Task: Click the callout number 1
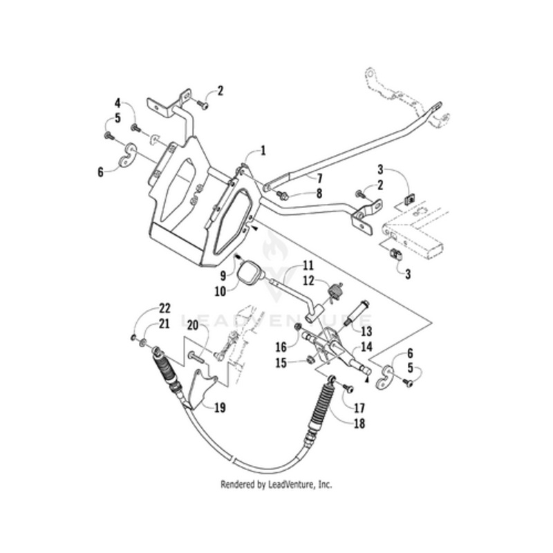pos(263,149)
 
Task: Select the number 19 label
pos(220,408)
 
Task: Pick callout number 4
pos(118,104)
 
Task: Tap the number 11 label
pos(308,265)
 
